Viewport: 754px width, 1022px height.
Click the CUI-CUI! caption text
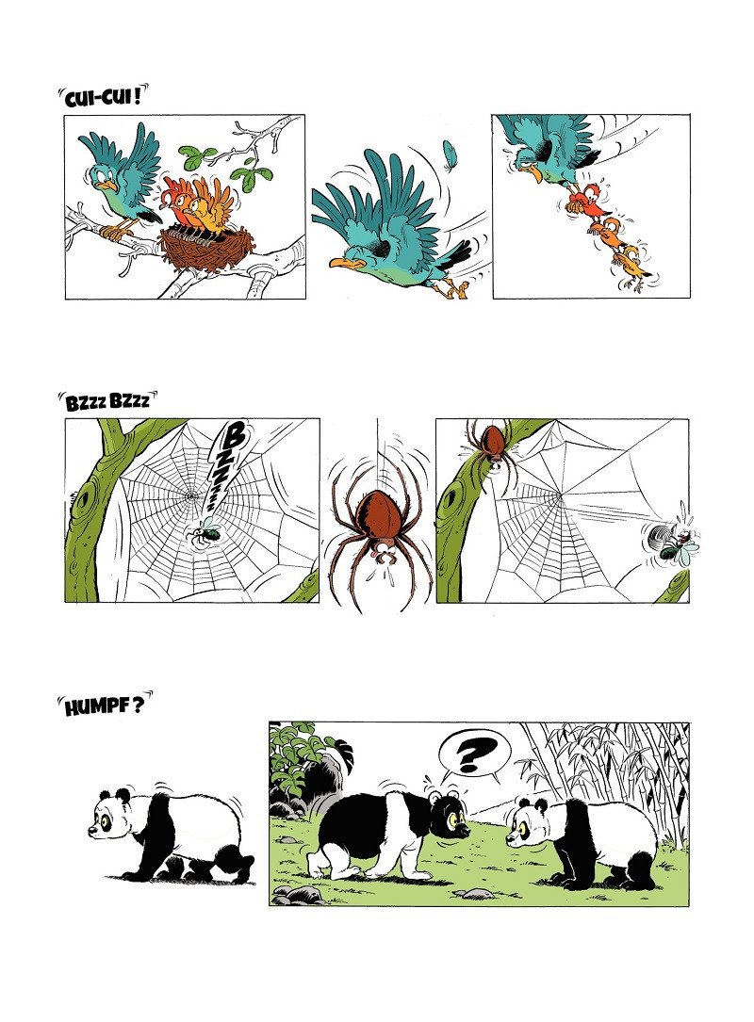tap(102, 98)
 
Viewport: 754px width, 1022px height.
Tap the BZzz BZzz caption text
tap(107, 400)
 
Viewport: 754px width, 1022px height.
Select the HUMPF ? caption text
tap(103, 706)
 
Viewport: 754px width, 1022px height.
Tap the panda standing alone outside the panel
tap(171, 835)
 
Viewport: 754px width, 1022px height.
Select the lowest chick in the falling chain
tap(632, 264)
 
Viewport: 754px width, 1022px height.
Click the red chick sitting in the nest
tap(178, 203)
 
